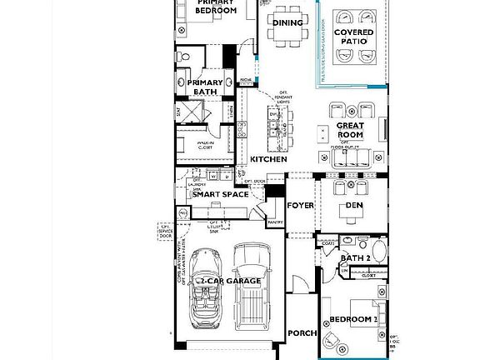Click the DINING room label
[288, 22]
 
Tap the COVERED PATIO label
[354, 36]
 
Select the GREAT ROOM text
[350, 130]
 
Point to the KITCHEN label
[268, 159]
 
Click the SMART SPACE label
[220, 194]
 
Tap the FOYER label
[300, 205]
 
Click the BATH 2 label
[355, 258]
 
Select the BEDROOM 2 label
[353, 319]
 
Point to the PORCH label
[302, 333]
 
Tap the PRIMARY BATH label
[204, 87]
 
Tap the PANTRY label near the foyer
[276, 222]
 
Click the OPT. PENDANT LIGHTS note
[288, 96]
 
